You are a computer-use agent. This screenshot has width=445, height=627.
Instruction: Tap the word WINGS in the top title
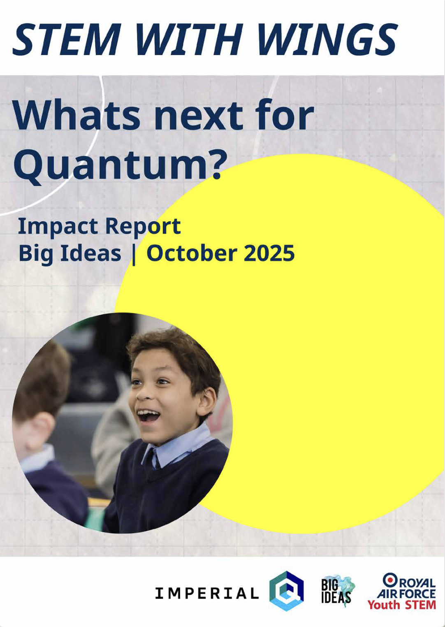tap(327, 39)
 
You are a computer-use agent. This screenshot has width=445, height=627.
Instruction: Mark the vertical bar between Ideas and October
tap(134, 255)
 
